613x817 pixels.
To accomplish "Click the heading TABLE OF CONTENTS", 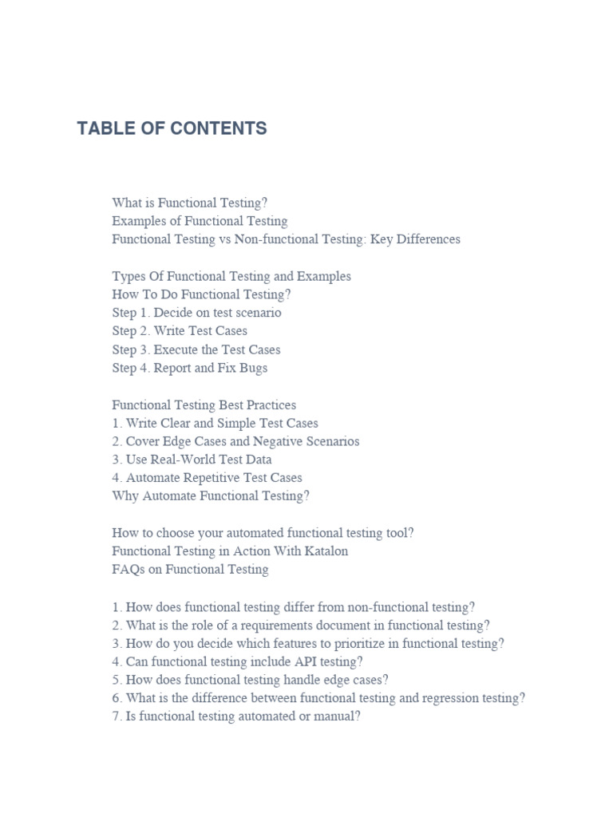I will (x=172, y=128).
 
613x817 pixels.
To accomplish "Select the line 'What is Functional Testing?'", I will (x=196, y=203).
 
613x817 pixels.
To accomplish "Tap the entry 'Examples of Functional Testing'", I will (x=200, y=221).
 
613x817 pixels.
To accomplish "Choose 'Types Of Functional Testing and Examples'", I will (x=231, y=276).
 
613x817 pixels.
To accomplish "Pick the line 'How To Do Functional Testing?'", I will (x=201, y=294).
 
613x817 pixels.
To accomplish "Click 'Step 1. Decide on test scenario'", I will (x=196, y=313).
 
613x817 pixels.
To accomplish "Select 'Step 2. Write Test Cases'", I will (x=180, y=330).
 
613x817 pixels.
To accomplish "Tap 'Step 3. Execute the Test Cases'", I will (x=196, y=349).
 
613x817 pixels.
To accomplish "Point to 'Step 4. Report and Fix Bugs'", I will (x=190, y=368).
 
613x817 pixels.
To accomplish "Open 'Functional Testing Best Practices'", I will (x=204, y=405).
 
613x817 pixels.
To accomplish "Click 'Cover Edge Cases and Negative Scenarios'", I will (x=243, y=441).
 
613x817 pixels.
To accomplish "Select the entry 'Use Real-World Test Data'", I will (x=199, y=460).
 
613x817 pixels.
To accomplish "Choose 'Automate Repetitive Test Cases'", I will (x=214, y=478).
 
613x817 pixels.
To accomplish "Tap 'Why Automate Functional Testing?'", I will (x=211, y=496).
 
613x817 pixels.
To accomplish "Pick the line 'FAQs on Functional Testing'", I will (x=190, y=570).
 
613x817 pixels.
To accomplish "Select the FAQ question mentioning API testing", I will (x=237, y=661).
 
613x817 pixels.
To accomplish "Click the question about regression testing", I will (x=318, y=698).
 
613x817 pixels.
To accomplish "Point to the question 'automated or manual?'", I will (x=236, y=716).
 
